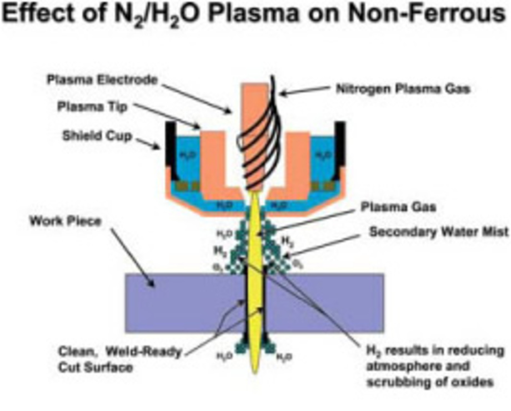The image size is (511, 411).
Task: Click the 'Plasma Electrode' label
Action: click(100, 81)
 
